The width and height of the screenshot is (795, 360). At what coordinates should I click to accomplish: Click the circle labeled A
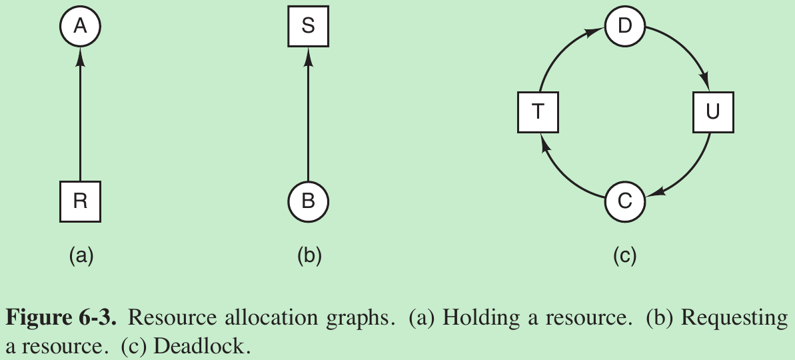(x=80, y=27)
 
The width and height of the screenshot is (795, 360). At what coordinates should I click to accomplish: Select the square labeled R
(x=80, y=201)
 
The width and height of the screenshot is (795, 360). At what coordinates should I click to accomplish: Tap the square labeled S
(x=308, y=27)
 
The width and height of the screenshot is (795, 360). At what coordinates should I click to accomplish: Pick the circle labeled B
(x=308, y=201)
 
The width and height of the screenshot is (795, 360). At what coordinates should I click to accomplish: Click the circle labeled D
(x=624, y=27)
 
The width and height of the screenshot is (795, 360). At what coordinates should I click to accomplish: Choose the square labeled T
(x=538, y=111)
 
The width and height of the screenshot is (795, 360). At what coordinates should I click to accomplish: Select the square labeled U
(x=712, y=111)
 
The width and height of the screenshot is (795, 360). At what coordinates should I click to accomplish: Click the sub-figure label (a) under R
(x=81, y=255)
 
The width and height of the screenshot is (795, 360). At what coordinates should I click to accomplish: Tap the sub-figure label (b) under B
(x=309, y=255)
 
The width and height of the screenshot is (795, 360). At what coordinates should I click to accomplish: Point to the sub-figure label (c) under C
(x=624, y=255)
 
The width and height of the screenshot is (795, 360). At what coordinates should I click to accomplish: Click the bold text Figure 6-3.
(x=61, y=318)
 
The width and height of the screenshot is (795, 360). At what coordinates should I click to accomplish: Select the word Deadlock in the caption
(x=215, y=347)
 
